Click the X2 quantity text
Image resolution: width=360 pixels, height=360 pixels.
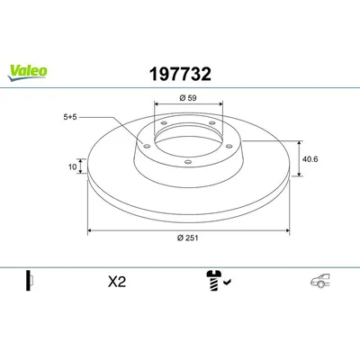tap(116, 281)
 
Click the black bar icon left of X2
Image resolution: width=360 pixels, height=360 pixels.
tap(28, 281)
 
